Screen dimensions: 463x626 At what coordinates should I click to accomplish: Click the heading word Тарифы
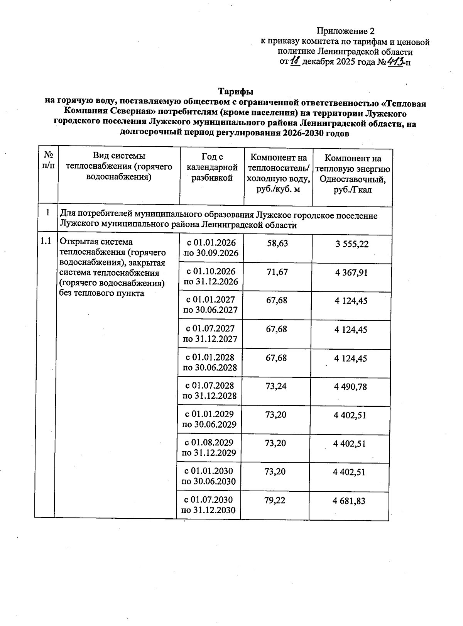(x=236, y=92)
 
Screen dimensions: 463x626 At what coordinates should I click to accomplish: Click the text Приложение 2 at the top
(x=345, y=31)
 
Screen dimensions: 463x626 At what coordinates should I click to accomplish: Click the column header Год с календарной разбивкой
(x=212, y=167)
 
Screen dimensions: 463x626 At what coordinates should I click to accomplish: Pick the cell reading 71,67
(x=277, y=272)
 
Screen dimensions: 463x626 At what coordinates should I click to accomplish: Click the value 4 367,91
(x=351, y=272)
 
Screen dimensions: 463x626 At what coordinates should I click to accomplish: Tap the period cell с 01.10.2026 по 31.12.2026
(x=211, y=276)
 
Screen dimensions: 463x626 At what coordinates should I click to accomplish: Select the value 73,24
(x=276, y=386)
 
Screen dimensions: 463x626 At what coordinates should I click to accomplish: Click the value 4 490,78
(x=350, y=387)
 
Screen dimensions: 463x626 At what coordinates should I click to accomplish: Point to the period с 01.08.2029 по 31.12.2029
(x=209, y=447)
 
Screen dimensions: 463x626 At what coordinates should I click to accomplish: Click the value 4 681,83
(x=349, y=501)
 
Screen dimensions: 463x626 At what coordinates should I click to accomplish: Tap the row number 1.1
(x=46, y=242)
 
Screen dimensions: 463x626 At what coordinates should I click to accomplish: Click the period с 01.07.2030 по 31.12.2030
(x=208, y=504)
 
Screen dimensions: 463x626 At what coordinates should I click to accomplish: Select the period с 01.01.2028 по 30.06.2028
(x=210, y=362)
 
